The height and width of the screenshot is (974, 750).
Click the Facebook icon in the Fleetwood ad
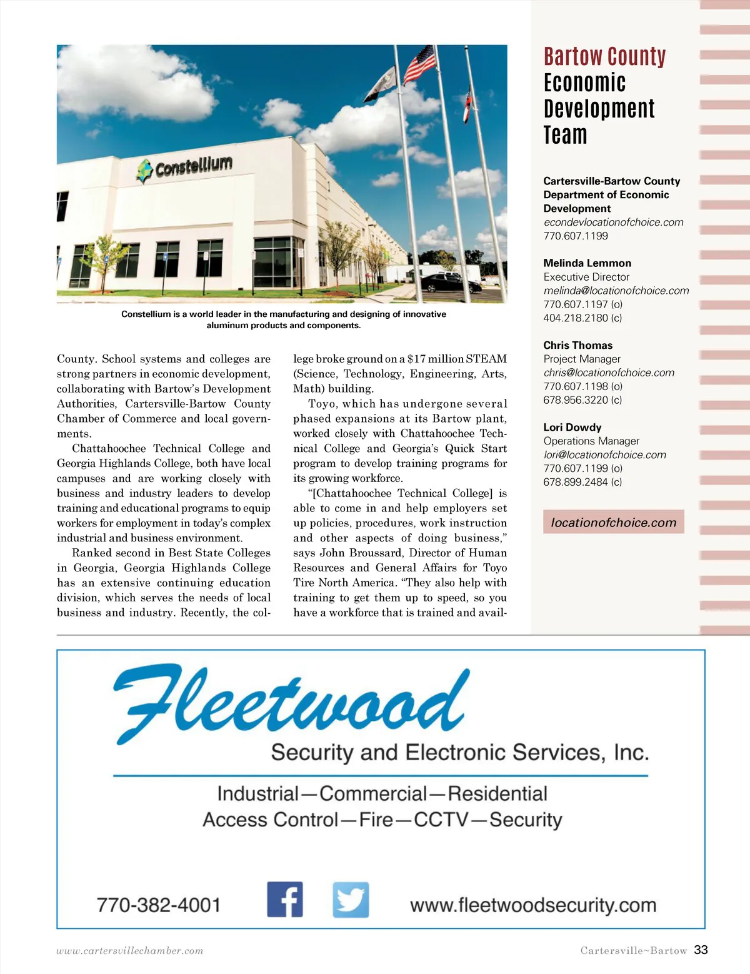[x=285, y=900]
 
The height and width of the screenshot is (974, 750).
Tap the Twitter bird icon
[x=351, y=900]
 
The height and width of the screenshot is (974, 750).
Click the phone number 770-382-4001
[x=159, y=905]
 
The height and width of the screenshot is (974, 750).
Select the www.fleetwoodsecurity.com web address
[x=533, y=905]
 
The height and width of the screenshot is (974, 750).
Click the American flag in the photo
[x=419, y=64]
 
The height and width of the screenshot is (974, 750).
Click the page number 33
[x=701, y=950]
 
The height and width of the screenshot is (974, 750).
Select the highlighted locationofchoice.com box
[x=613, y=522]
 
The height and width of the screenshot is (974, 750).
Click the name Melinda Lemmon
[x=587, y=263]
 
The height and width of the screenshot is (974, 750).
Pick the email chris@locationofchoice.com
[x=609, y=373]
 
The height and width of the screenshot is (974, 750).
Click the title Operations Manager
[x=591, y=441]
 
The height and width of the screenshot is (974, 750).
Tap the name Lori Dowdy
[x=572, y=427]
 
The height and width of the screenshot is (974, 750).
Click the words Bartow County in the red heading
[x=604, y=57]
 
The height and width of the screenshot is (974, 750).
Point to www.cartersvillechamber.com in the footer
[x=129, y=951]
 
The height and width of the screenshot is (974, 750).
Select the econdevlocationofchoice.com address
[x=613, y=222]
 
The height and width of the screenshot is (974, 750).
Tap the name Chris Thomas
[x=577, y=345]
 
